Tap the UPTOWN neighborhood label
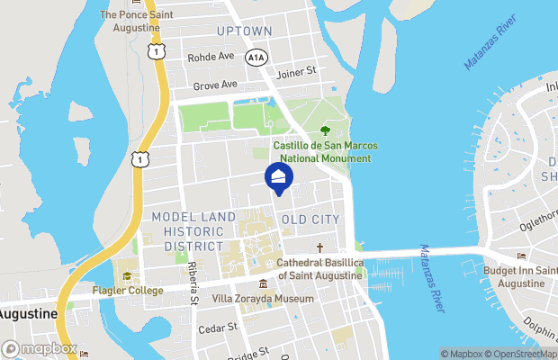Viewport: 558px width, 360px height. tap(244, 31)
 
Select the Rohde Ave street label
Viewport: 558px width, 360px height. tap(211, 57)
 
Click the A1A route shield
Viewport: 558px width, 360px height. tap(256, 57)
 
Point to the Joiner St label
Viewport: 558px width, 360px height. tap(297, 71)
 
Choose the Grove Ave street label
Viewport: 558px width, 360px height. tap(215, 85)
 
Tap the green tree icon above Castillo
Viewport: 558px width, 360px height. tap(325, 131)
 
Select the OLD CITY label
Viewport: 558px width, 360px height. tap(310, 220)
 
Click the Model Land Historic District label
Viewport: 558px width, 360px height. tap(188, 231)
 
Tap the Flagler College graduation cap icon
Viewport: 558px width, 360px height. tap(127, 276)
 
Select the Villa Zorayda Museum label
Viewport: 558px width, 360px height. tap(262, 298)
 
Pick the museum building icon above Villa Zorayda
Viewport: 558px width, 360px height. tap(262, 283)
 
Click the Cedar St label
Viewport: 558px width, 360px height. tap(218, 328)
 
